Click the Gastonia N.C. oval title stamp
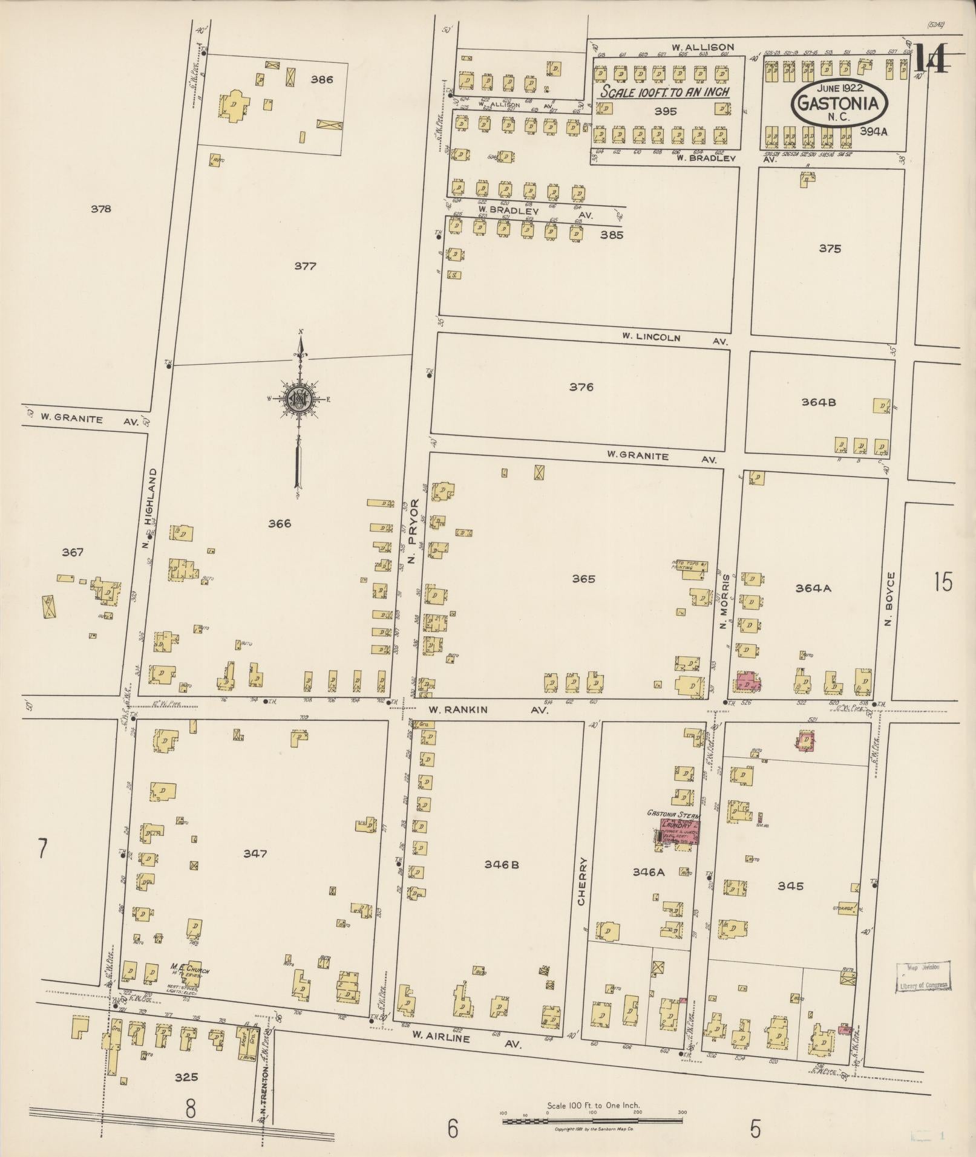click(838, 103)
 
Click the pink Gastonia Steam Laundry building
click(680, 833)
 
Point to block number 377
click(305, 266)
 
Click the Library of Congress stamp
click(922, 976)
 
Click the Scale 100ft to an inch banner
click(664, 93)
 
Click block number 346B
click(502, 865)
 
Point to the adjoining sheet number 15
click(943, 582)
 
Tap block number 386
click(321, 79)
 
